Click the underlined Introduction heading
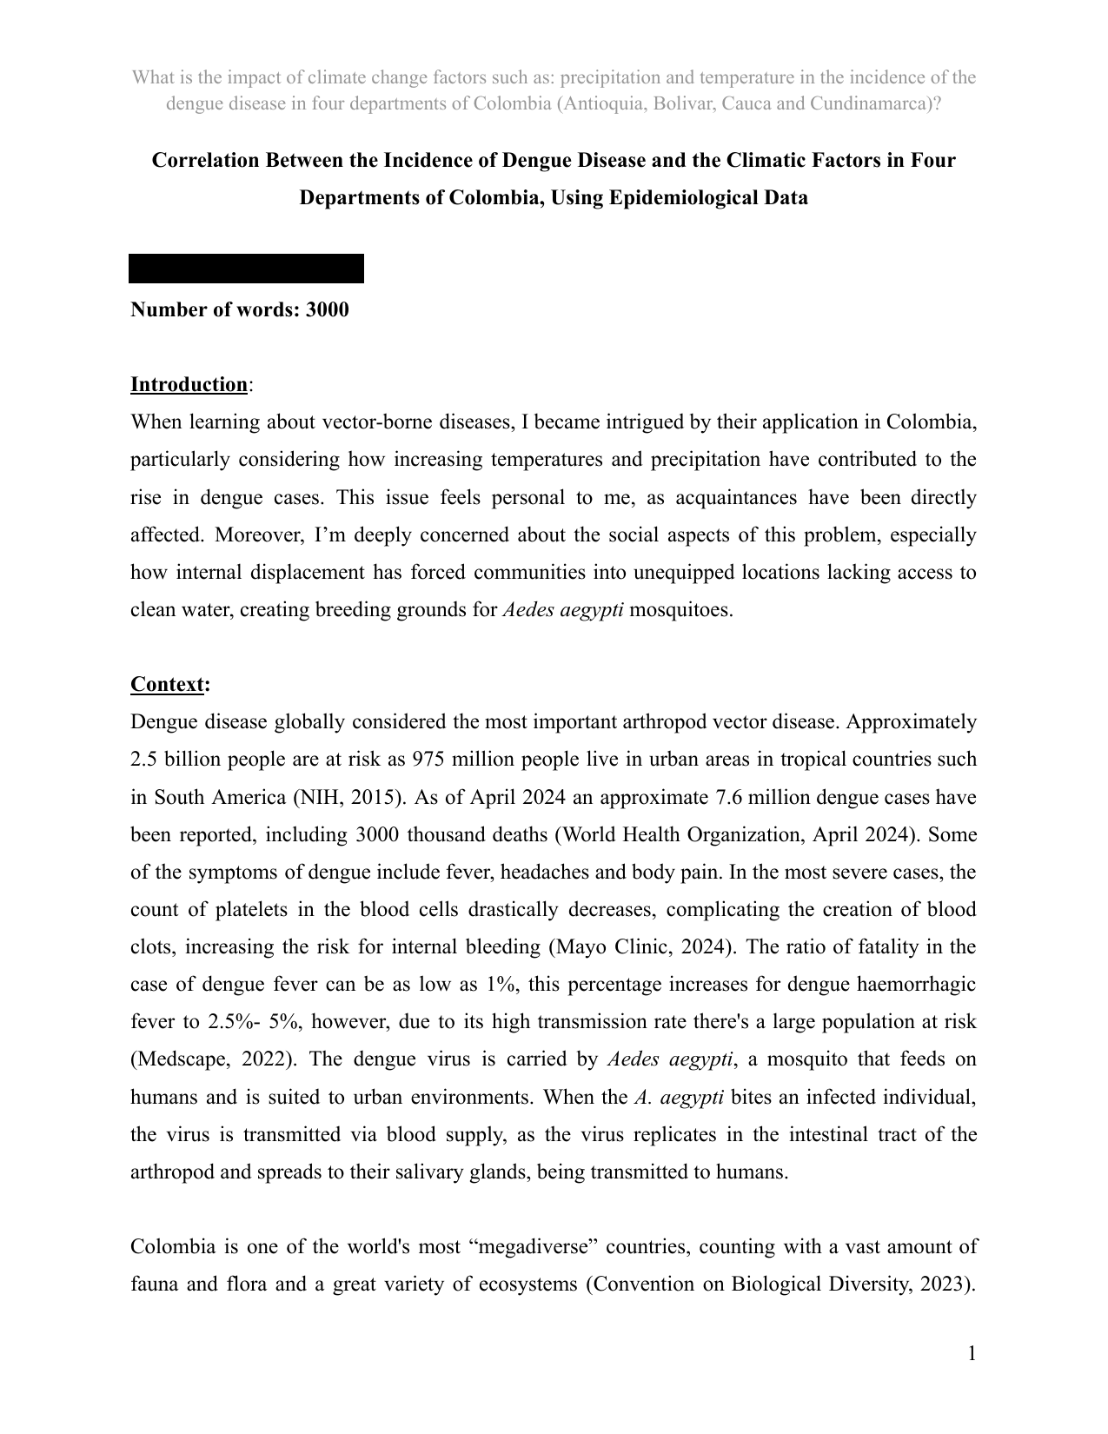point(189,384)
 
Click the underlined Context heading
point(167,684)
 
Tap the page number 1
point(972,1353)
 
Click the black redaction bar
point(246,269)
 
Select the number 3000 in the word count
point(327,309)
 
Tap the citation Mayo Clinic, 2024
point(639,946)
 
